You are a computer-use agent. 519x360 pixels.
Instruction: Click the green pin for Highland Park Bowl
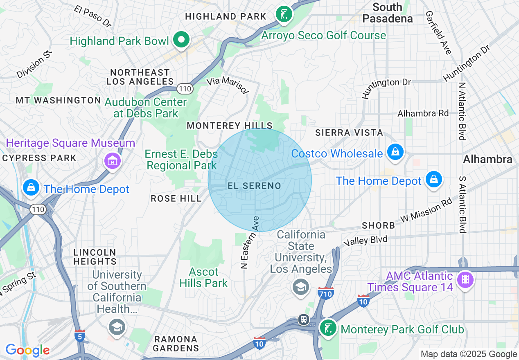coord(181,40)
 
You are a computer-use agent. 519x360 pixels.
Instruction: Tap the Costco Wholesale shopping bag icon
coord(395,152)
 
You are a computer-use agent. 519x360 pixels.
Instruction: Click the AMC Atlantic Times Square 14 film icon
coord(465,280)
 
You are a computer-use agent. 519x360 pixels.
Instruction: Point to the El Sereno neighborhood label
coord(254,186)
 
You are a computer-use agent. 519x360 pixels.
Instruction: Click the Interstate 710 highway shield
coord(325,292)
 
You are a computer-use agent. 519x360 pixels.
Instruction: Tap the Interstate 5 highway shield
coord(80,336)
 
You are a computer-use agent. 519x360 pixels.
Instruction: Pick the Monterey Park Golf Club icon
coord(328,328)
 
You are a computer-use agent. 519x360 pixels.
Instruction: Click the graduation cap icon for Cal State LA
coord(300,287)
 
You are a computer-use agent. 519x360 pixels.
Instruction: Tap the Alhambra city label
coord(487,160)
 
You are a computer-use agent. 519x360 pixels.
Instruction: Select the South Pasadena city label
coord(388,13)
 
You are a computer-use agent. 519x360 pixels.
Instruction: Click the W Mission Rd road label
coord(426,211)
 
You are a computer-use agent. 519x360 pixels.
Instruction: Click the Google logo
coord(27,350)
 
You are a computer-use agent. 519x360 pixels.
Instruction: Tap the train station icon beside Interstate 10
coord(303,319)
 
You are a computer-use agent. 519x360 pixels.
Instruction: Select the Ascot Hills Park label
coord(203,277)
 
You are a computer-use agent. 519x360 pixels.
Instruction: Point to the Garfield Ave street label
coord(438,33)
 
